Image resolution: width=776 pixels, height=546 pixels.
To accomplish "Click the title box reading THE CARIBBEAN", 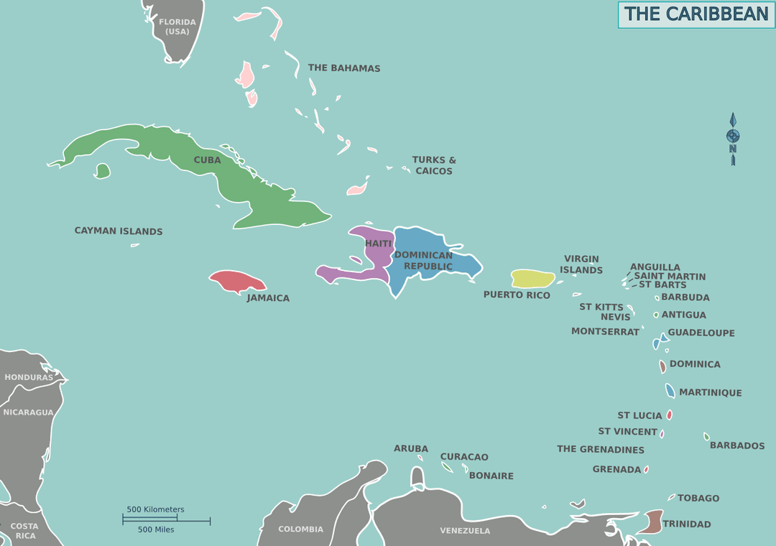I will click(x=696, y=14).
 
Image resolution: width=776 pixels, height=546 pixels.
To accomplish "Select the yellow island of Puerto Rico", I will click(x=532, y=279).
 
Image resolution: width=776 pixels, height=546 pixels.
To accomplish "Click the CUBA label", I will click(x=207, y=160).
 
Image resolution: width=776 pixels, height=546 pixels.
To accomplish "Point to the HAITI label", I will click(x=379, y=244).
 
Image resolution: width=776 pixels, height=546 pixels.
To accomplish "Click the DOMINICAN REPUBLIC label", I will click(x=424, y=260).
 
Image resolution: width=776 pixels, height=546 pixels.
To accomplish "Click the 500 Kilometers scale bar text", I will click(x=155, y=509).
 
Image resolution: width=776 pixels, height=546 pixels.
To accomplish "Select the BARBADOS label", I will click(x=737, y=445).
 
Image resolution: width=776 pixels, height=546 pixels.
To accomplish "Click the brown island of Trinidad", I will click(x=652, y=521).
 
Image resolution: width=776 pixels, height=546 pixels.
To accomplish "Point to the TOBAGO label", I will click(x=698, y=498).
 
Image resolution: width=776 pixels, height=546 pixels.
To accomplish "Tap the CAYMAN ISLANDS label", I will click(x=119, y=231).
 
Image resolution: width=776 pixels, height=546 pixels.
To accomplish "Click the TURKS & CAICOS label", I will click(x=434, y=165).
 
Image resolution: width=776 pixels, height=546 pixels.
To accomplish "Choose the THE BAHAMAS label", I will click(x=344, y=68).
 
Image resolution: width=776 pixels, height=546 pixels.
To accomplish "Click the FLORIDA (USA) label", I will click(x=177, y=27).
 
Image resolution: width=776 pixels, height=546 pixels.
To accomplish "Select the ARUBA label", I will click(x=411, y=448).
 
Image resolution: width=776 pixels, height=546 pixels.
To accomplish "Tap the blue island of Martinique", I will click(x=670, y=391).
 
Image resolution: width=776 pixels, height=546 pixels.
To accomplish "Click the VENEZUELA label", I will click(x=465, y=531).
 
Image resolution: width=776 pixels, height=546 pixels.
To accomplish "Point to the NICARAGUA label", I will click(x=29, y=412).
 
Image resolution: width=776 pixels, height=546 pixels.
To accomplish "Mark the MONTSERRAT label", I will click(x=605, y=331).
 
